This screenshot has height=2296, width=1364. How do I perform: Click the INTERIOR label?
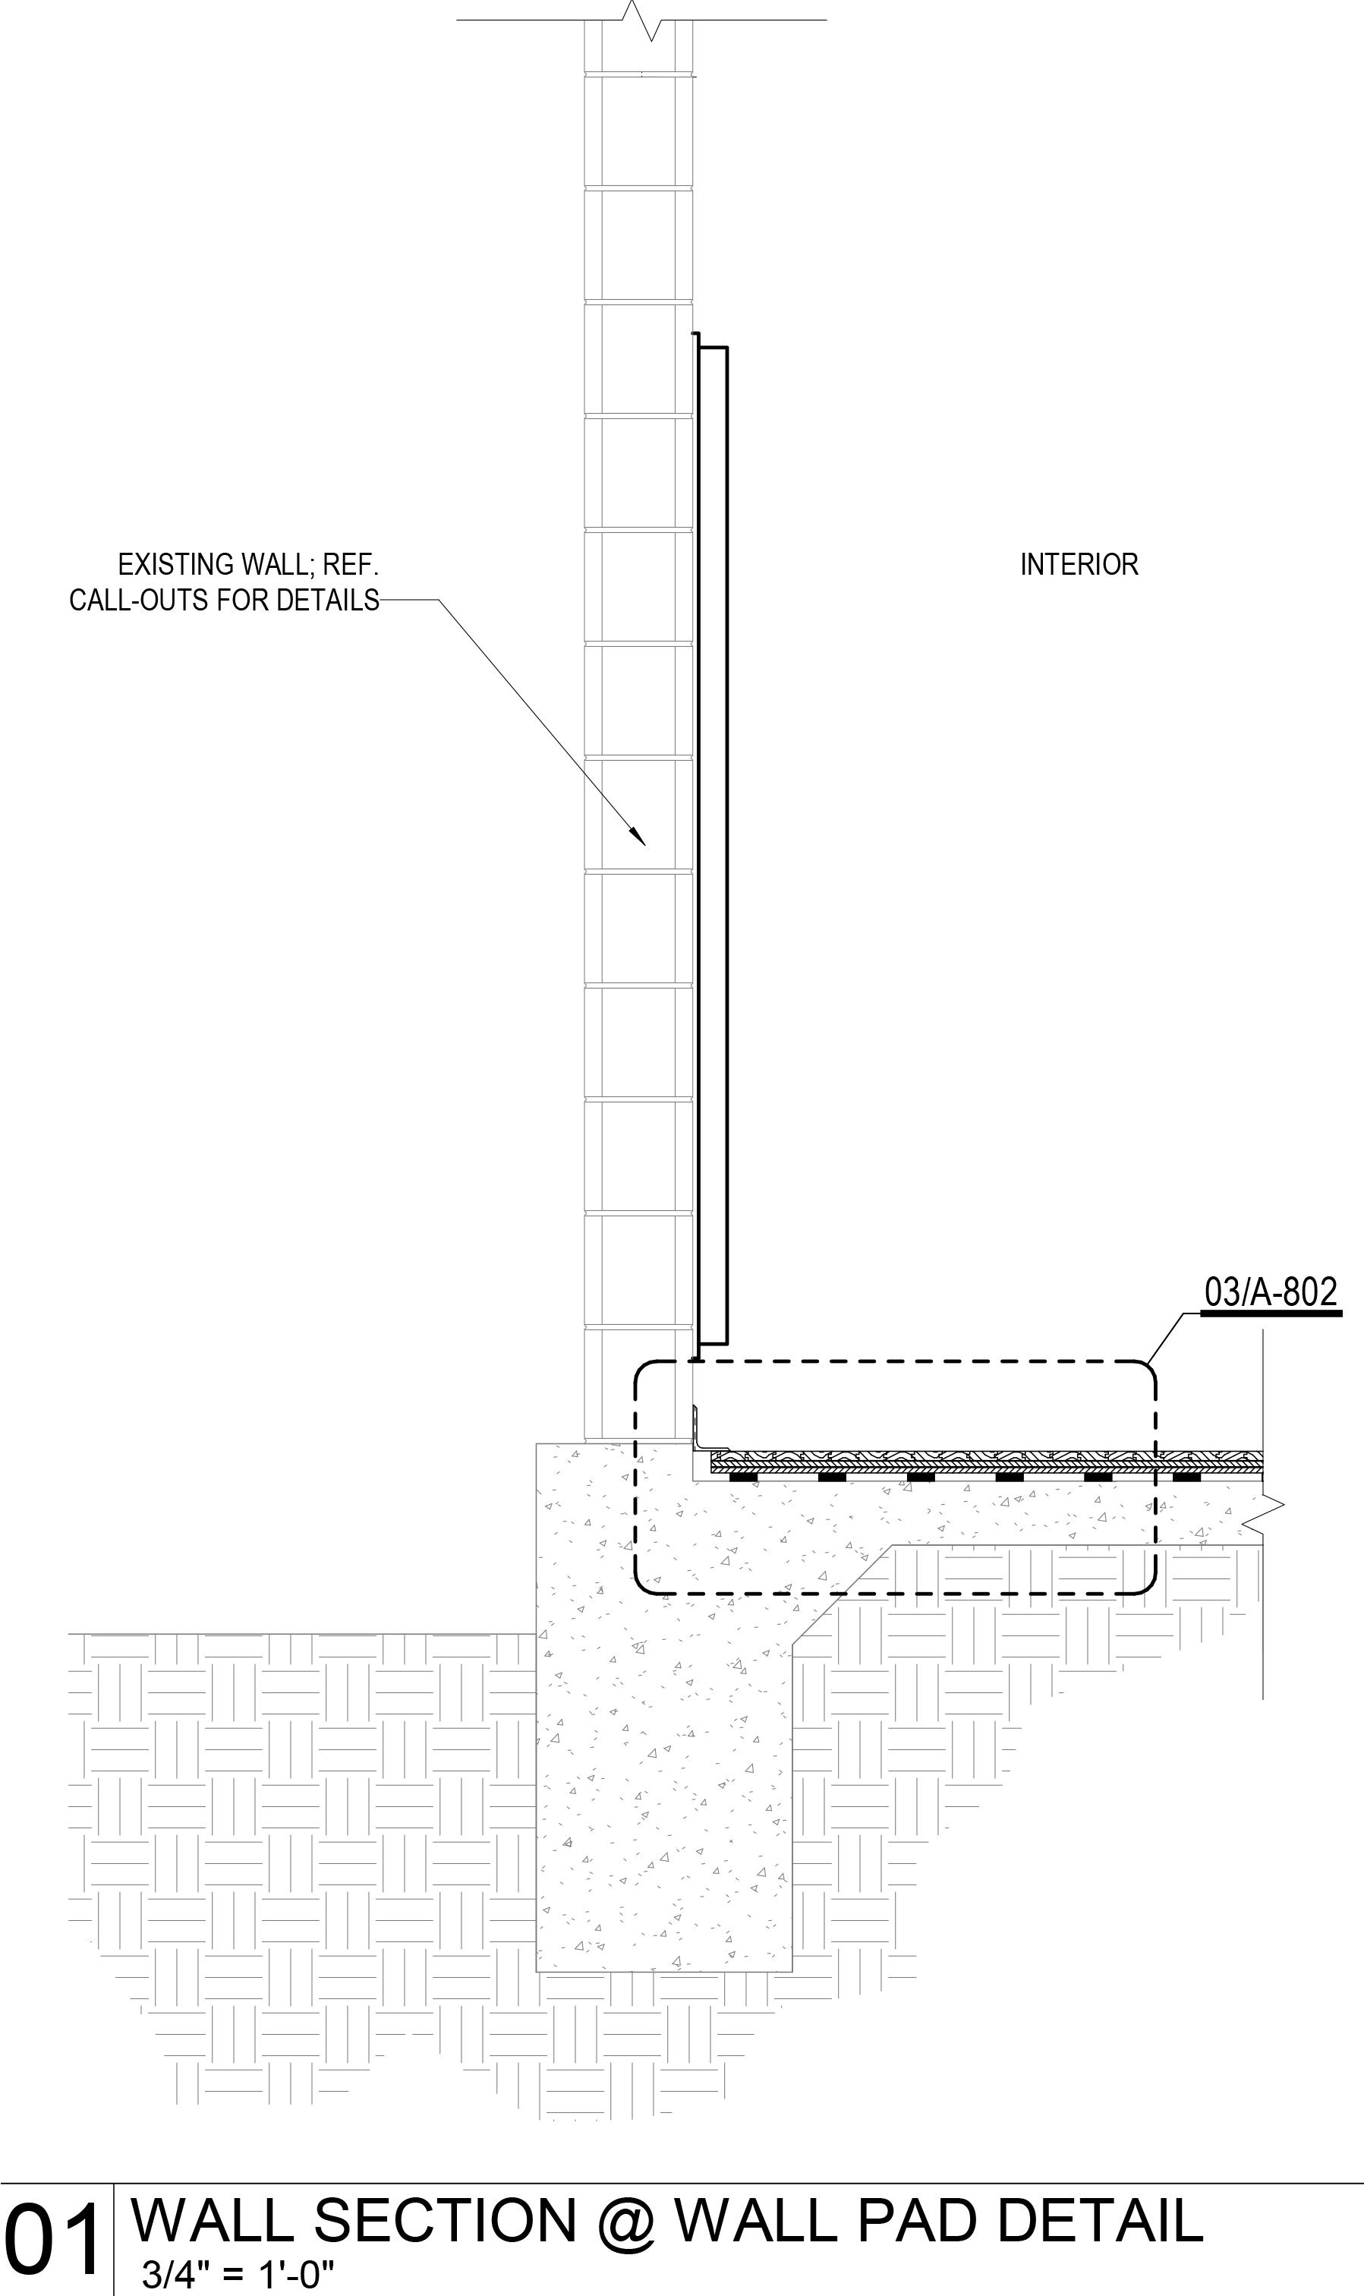click(x=1079, y=564)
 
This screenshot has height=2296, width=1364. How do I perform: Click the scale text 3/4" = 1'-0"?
click(x=238, y=2275)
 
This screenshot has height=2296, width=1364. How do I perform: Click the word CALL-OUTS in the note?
click(x=140, y=601)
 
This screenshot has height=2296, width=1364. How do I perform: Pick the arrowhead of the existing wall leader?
click(x=638, y=837)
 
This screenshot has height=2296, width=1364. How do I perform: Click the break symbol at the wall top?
click(x=641, y=20)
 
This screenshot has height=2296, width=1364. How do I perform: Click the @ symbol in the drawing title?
click(x=628, y=2222)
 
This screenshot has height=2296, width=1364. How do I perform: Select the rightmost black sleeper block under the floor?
click(x=1186, y=1477)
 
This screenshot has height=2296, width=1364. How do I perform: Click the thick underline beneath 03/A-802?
click(x=1271, y=1314)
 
